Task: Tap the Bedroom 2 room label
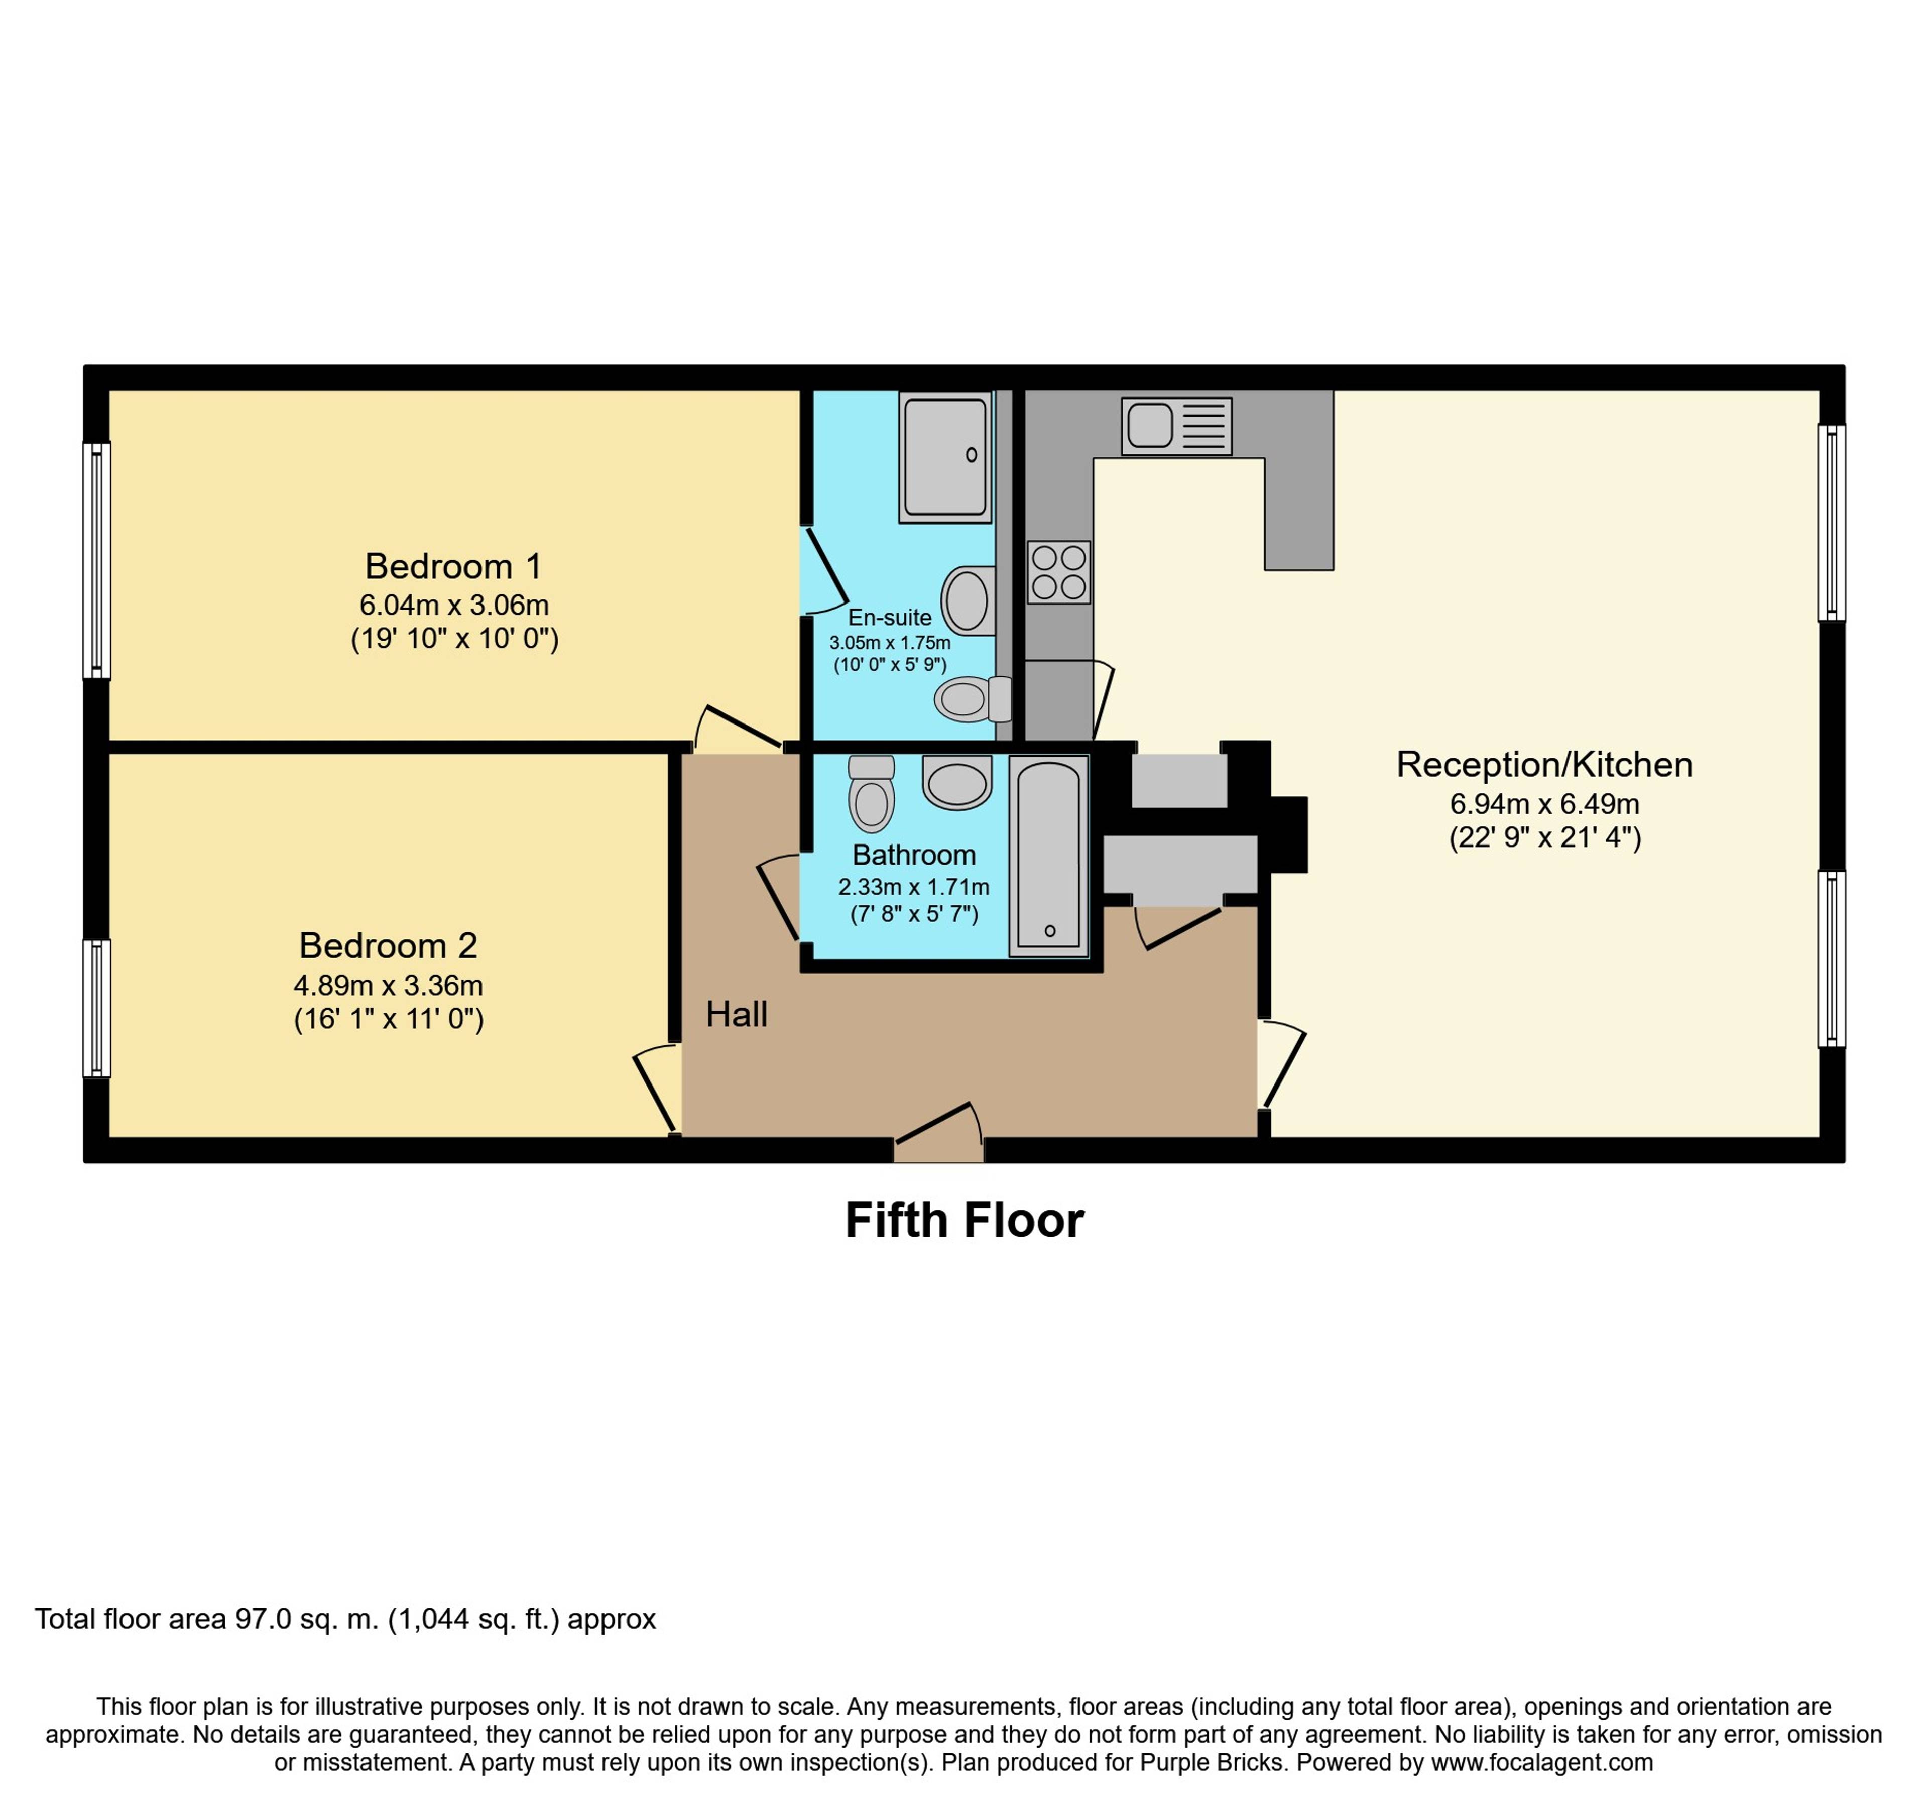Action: [x=388, y=945]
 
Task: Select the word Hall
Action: [x=736, y=1015]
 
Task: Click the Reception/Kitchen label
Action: [x=1544, y=764]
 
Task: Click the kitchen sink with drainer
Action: [x=1176, y=426]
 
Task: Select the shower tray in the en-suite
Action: [x=945, y=457]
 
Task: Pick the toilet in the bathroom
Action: [x=871, y=793]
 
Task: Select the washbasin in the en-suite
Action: [x=968, y=600]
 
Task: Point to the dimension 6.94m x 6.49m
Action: [x=1544, y=804]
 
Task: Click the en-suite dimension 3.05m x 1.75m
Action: [x=889, y=642]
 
